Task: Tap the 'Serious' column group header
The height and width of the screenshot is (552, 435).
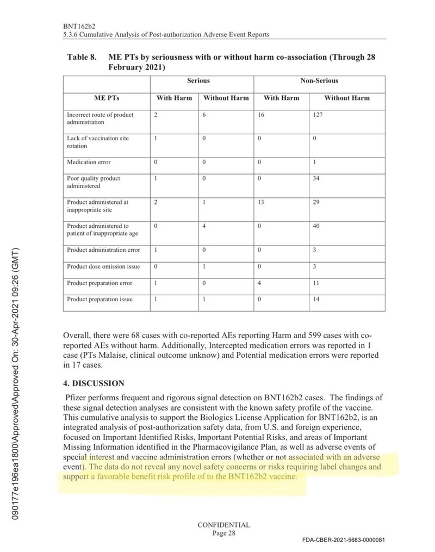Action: click(198, 80)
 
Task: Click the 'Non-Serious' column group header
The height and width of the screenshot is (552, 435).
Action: click(319, 80)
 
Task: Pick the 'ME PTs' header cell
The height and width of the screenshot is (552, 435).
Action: click(107, 98)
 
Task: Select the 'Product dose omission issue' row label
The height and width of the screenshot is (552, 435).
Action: click(103, 267)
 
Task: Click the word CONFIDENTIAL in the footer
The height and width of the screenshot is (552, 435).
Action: click(223, 525)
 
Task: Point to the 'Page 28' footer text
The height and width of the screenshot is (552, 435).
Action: click(223, 534)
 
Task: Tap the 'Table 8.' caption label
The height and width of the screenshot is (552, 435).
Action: click(82, 57)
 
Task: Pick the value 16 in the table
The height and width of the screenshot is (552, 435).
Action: click(262, 115)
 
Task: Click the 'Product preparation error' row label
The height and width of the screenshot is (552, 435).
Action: click(100, 283)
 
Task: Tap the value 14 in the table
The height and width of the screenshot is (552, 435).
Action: click(318, 300)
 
